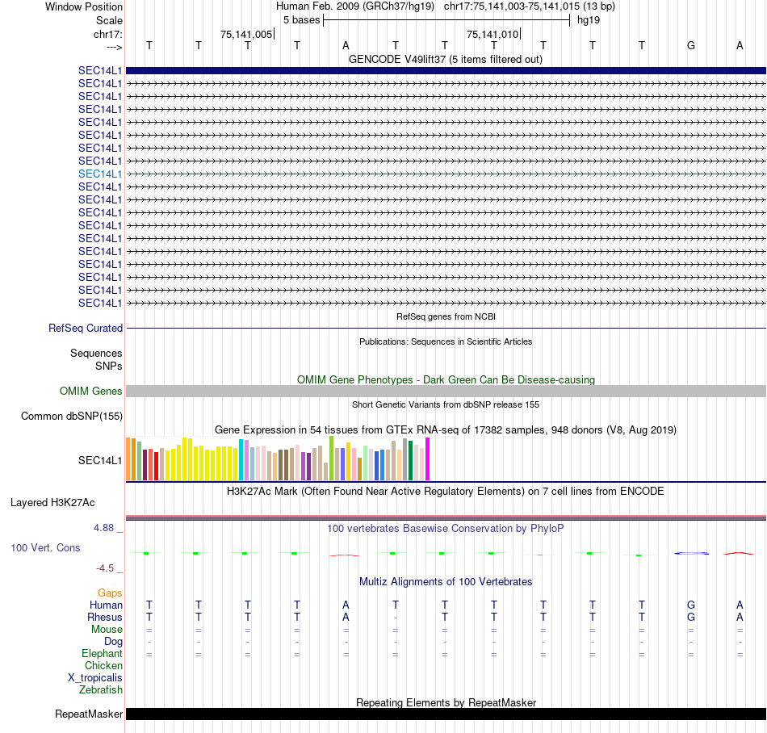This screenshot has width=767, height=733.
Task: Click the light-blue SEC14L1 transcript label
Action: tap(100, 174)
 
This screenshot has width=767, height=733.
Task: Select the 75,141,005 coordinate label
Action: tap(246, 34)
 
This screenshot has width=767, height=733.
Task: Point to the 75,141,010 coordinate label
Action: tap(492, 34)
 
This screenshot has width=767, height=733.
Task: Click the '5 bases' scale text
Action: tap(301, 19)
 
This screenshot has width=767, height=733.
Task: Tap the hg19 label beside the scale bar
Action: tap(588, 19)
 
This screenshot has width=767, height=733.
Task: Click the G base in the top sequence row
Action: tap(691, 45)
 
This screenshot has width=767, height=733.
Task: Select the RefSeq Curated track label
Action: tap(86, 329)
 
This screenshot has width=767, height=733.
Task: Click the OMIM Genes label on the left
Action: tap(91, 392)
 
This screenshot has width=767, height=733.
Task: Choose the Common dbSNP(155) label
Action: tap(72, 417)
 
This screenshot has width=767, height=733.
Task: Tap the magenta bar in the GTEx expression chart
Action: tap(428, 459)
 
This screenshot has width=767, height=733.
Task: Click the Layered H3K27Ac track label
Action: tap(52, 502)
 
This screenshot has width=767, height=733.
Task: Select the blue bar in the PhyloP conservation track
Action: tap(691, 553)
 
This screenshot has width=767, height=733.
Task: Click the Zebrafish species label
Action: tap(101, 690)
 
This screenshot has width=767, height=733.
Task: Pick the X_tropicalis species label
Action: tap(95, 678)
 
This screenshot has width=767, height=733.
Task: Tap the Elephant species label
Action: tap(102, 654)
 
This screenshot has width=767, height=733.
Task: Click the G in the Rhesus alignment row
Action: tap(691, 618)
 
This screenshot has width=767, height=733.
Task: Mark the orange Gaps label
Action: tap(110, 593)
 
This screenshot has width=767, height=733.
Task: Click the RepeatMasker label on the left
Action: tap(89, 714)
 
